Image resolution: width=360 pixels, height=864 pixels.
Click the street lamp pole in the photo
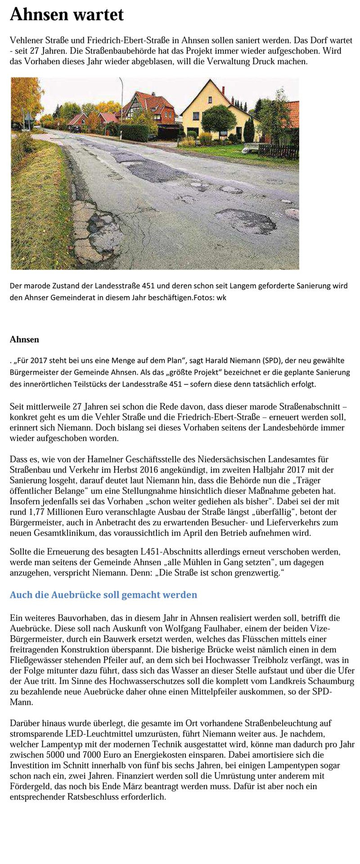tap(121, 103)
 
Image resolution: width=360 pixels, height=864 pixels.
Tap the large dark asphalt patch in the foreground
tap(245, 220)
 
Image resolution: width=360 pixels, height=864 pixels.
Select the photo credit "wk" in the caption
tap(221, 297)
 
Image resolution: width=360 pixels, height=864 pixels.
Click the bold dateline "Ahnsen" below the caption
tap(24, 339)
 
